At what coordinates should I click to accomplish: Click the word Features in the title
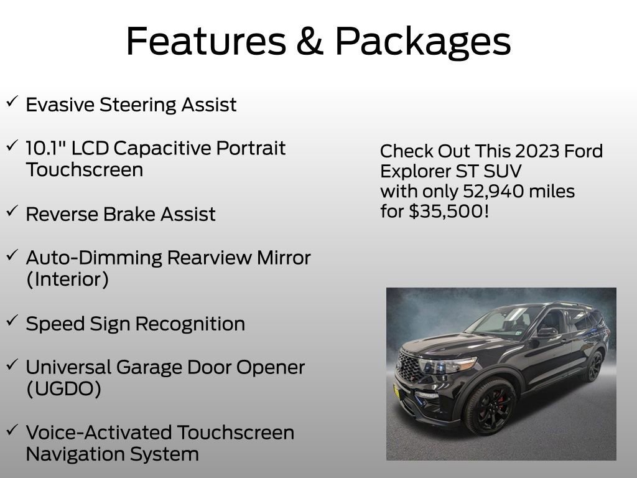pyautogui.click(x=205, y=41)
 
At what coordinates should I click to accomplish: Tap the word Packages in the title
pyautogui.click(x=423, y=42)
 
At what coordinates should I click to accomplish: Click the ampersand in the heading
pyautogui.click(x=310, y=41)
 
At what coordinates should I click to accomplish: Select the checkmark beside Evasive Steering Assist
pyautogui.click(x=12, y=102)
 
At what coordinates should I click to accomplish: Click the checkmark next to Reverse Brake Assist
pyautogui.click(x=12, y=212)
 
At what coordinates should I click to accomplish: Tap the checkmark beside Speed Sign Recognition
pyautogui.click(x=12, y=321)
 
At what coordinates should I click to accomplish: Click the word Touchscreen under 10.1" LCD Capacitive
pyautogui.click(x=85, y=170)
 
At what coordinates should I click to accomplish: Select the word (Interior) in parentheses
pyautogui.click(x=67, y=279)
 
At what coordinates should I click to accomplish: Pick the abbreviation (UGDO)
pyautogui.click(x=63, y=389)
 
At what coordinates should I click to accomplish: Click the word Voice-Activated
pyautogui.click(x=98, y=433)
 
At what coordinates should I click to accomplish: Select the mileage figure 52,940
pyautogui.click(x=490, y=191)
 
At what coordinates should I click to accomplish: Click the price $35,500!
pyautogui.click(x=449, y=211)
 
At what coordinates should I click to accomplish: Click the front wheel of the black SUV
pyautogui.click(x=489, y=406)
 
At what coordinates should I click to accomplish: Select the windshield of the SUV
pyautogui.click(x=501, y=320)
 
